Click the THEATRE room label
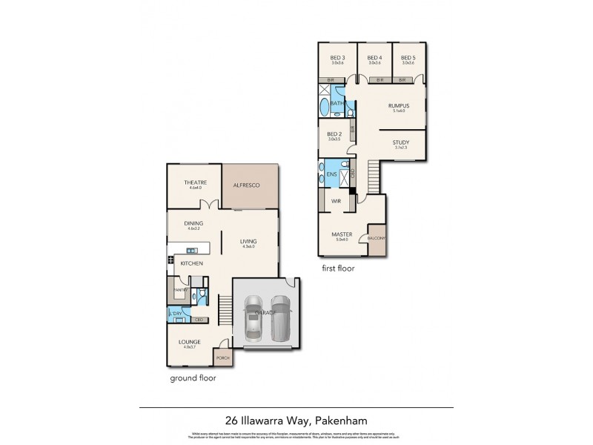pyautogui.click(x=196, y=182)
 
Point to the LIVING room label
pyautogui.click(x=248, y=241)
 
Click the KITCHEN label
pyautogui.click(x=194, y=263)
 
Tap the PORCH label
pyautogui.click(x=222, y=357)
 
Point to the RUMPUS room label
pyautogui.click(x=400, y=106)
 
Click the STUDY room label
pyautogui.click(x=401, y=142)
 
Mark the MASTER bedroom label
pyautogui.click(x=342, y=235)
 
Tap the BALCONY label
pyautogui.click(x=376, y=238)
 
